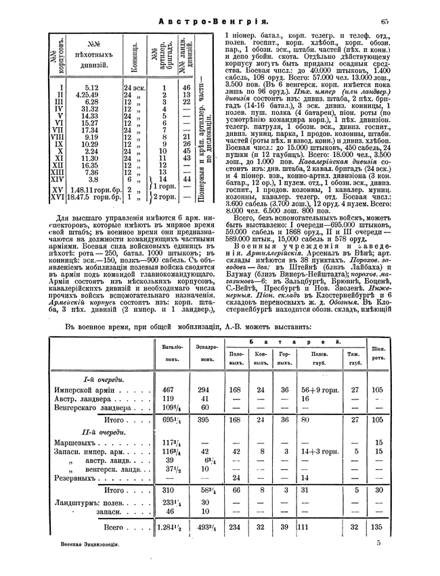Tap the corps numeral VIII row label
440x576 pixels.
(x=62, y=137)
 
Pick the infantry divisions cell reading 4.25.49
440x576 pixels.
(x=91, y=95)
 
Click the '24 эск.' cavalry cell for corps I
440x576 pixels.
(x=135, y=87)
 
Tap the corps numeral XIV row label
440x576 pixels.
(x=61, y=179)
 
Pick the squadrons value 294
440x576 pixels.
(x=202, y=389)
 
